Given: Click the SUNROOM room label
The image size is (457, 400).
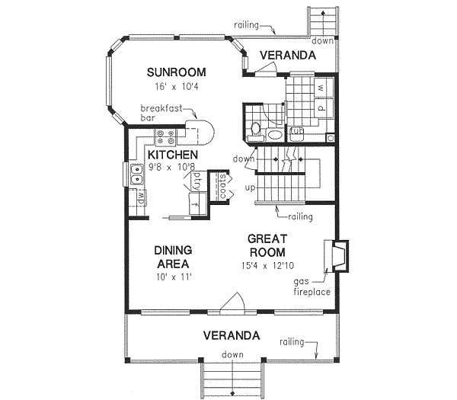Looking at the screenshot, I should pyautogui.click(x=176, y=72).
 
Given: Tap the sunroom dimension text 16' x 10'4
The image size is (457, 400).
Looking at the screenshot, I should pyautogui.click(x=176, y=86).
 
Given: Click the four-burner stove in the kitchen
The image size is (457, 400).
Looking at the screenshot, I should pyautogui.click(x=165, y=138).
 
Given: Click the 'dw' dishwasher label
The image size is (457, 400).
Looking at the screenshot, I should pyautogui.click(x=141, y=198).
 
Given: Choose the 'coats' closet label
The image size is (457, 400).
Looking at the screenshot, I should pyautogui.click(x=222, y=186).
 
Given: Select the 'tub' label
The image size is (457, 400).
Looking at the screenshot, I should pyautogui.click(x=296, y=131).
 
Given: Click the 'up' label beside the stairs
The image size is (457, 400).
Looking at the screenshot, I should pyautogui.click(x=249, y=187).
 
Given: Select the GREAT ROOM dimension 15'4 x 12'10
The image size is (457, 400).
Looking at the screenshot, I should pyautogui.click(x=266, y=265).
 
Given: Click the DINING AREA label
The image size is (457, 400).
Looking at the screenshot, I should pyautogui.click(x=172, y=256).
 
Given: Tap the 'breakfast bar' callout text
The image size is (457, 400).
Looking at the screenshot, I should pyautogui.click(x=161, y=114).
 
